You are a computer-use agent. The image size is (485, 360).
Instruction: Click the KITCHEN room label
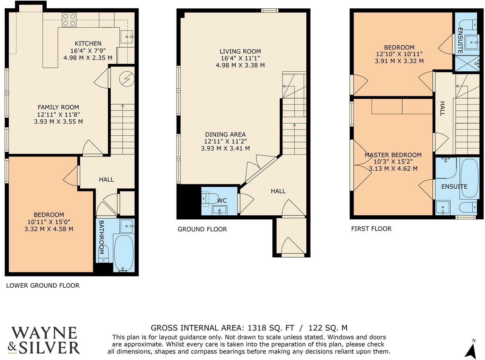coord(88,44)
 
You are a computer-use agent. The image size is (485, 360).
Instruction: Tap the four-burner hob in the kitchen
coord(69,20)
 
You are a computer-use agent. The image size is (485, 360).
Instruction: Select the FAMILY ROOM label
coord(58,107)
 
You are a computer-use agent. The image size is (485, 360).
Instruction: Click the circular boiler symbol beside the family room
coord(126,79)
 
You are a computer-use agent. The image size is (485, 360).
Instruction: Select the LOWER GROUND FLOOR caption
coord(43,286)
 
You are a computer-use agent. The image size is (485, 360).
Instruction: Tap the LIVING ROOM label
coord(240,51)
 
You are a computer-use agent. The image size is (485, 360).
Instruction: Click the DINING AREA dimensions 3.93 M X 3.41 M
coord(225,148)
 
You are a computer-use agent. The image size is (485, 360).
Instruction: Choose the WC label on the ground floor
coord(222,201)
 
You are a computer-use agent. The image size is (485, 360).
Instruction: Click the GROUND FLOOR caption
coord(202,229)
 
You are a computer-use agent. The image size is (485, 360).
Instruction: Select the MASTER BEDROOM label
coord(393,155)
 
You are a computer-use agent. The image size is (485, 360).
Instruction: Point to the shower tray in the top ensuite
coord(467,63)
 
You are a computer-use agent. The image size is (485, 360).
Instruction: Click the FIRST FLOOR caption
coord(371,229)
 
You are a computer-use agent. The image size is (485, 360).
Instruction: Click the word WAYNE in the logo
coord(44,333)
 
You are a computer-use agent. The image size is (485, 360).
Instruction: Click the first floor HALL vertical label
coord(442,108)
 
